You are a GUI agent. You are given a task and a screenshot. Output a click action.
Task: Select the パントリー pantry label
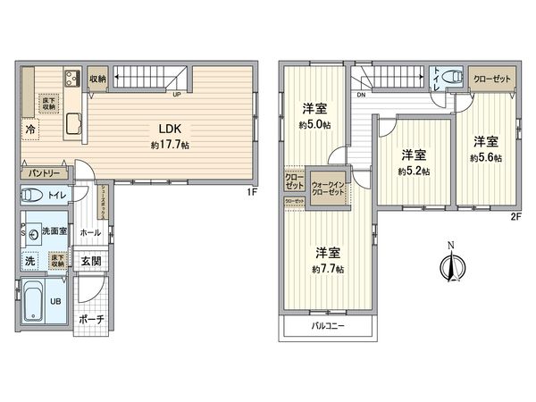coord(42,172)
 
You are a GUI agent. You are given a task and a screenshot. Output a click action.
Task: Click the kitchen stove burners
coord(71,80)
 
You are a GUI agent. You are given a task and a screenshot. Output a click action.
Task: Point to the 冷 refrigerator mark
coord(30,129)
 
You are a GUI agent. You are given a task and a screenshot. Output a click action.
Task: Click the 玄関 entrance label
coord(91,262)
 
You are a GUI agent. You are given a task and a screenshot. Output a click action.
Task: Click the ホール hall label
coord(90,231)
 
